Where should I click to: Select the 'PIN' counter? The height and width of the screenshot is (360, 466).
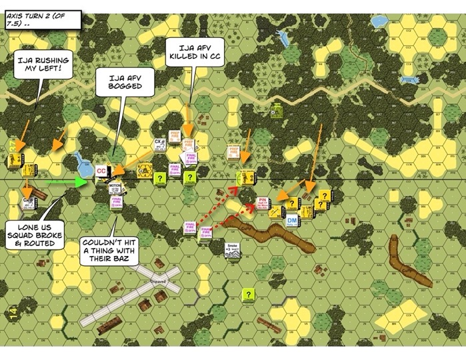coord(262,203)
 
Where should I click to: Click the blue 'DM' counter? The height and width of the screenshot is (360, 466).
coord(291,221)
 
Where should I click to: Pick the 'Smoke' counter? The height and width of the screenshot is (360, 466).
coord(232,248)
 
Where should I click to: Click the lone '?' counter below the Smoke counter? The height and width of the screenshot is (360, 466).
coord(248,294)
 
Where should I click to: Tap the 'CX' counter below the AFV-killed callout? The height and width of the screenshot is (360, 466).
coord(159,143)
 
